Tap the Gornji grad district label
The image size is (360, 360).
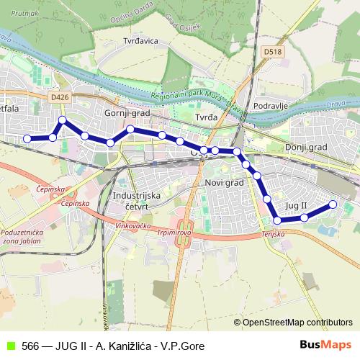(x=126, y=113)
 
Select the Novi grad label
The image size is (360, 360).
(x=225, y=183)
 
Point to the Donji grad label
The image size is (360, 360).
(x=306, y=147)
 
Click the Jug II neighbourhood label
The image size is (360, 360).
(x=297, y=206)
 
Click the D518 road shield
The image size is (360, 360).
(x=272, y=52)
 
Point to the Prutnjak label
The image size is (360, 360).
(x=24, y=14)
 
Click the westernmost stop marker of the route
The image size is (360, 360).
(x=27, y=138)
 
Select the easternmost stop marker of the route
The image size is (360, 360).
(x=333, y=204)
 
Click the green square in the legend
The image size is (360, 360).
(x=10, y=346)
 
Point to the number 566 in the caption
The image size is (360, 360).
(x=30, y=346)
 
